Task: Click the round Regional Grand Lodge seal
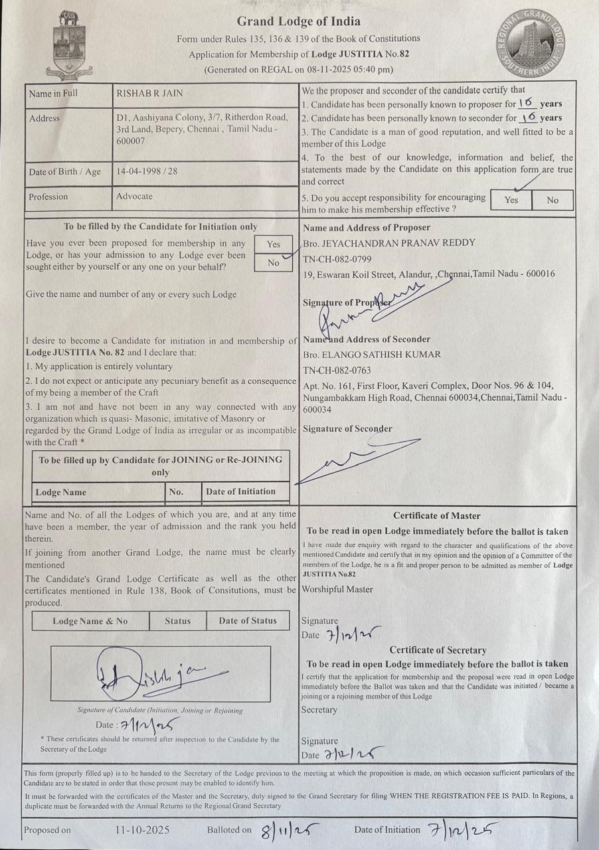pyautogui.click(x=531, y=45)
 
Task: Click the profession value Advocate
pyautogui.click(x=134, y=197)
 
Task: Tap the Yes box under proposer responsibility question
pyautogui.click(x=511, y=200)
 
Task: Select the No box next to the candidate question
pyautogui.click(x=273, y=263)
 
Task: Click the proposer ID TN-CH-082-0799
pyautogui.click(x=337, y=258)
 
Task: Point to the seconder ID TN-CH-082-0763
pyautogui.click(x=337, y=371)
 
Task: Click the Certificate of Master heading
pyautogui.click(x=436, y=515)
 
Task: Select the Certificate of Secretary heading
pyautogui.click(x=437, y=650)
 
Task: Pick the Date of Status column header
pyautogui.click(x=247, y=621)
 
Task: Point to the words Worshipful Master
pyautogui.click(x=337, y=590)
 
